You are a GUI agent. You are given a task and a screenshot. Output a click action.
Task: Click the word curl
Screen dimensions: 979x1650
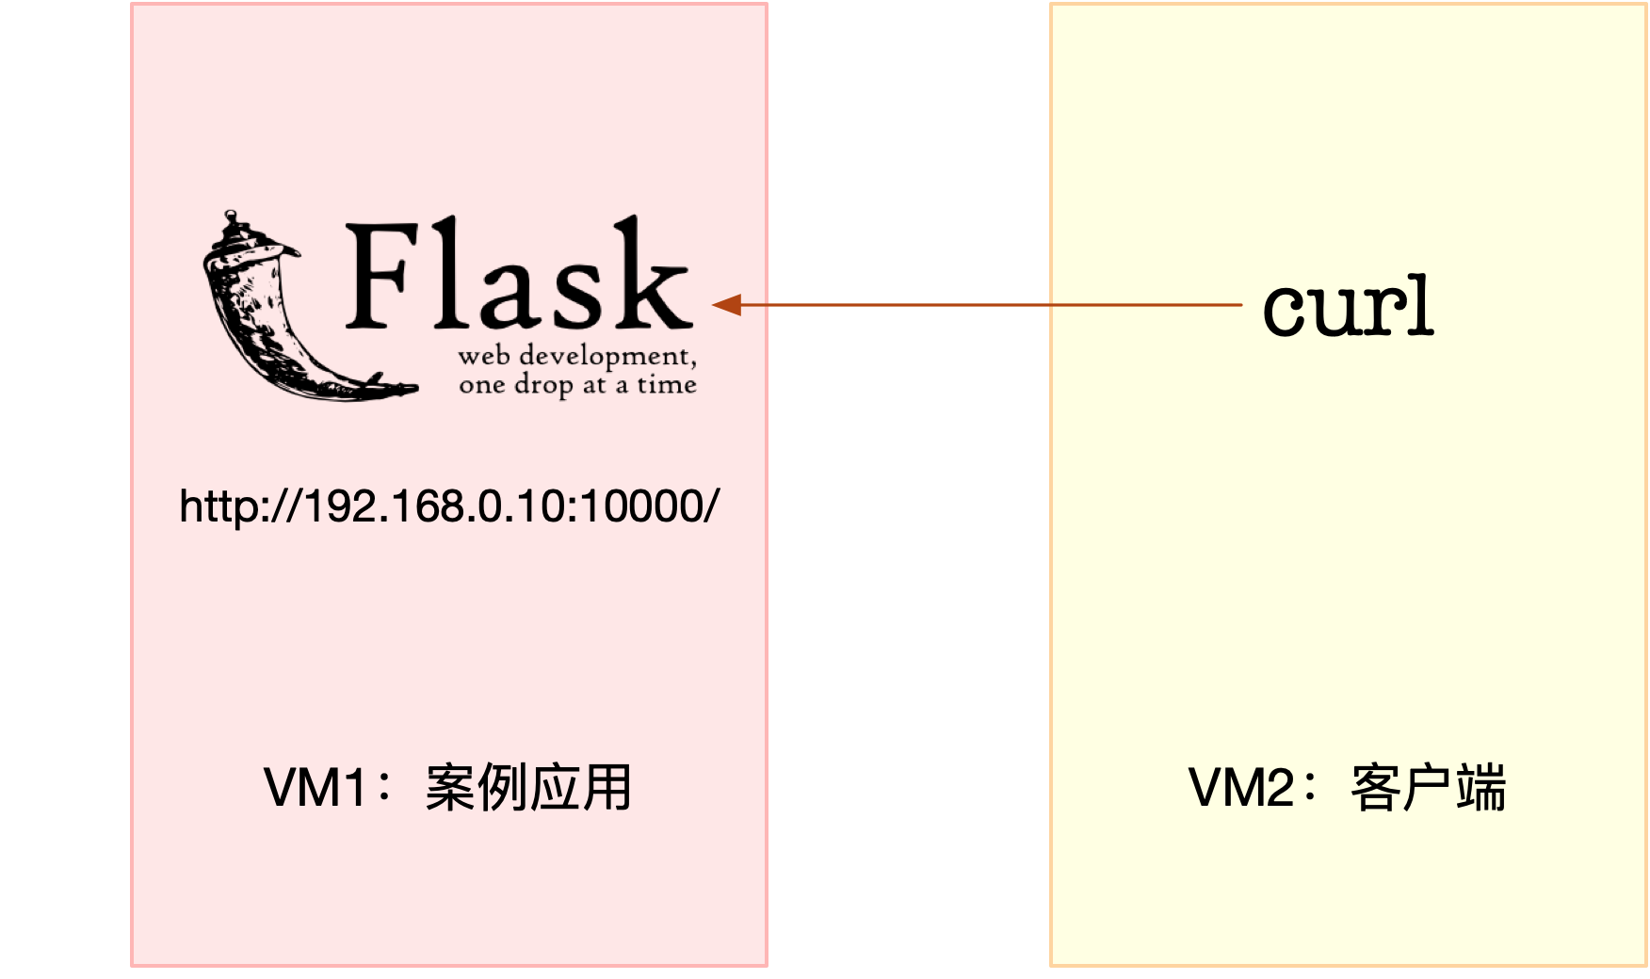pos(1348,307)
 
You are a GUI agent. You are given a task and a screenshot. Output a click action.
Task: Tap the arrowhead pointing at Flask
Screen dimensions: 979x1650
pos(726,305)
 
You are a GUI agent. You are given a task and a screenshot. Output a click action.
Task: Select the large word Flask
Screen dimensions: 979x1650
pos(518,276)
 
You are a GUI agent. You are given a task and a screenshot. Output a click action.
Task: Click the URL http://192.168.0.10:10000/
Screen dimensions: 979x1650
pos(449,506)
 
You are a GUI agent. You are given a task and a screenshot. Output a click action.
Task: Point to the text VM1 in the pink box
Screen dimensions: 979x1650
pos(315,787)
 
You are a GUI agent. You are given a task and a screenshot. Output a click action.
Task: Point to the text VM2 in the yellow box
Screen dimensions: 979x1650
pos(1240,787)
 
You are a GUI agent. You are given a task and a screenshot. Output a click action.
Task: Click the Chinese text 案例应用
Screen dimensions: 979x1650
pos(528,787)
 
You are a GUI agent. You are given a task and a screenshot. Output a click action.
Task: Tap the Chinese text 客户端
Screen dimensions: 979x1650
pos(1428,787)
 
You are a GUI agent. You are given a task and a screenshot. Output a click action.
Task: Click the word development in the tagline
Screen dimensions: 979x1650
pos(607,357)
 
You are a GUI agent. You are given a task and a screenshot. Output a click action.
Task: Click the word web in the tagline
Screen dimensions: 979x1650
pos(484,357)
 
